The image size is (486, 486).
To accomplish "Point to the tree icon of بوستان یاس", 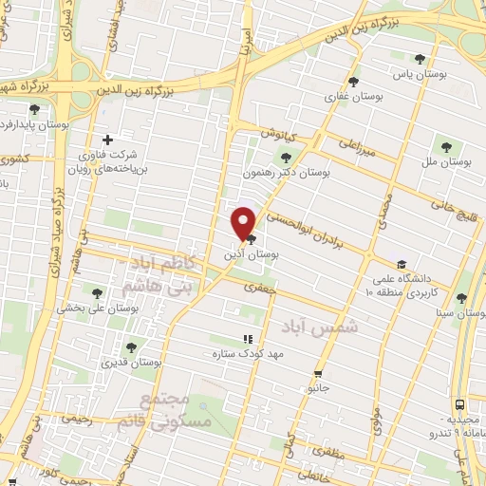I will click(x=419, y=59).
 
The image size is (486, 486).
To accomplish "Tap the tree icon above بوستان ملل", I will click(x=446, y=146).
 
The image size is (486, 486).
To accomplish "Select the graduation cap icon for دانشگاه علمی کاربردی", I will click(x=402, y=264).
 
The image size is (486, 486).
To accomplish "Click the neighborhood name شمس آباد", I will click(x=309, y=325).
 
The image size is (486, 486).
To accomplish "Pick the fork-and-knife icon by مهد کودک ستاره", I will click(x=248, y=338).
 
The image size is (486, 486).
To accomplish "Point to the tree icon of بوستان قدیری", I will click(x=130, y=347).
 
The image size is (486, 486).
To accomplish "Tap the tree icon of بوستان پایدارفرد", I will click(x=35, y=110).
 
